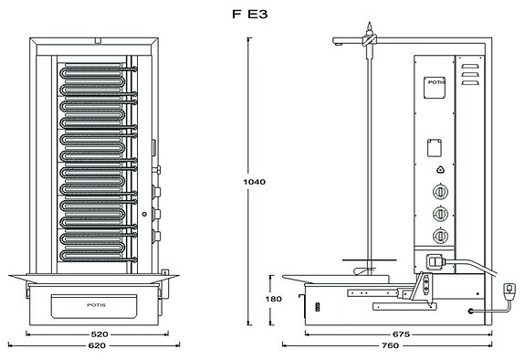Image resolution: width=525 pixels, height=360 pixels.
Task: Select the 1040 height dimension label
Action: [255, 182]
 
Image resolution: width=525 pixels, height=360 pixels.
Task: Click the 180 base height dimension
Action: [273, 299]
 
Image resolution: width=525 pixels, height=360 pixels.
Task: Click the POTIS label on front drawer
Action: [96, 302]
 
